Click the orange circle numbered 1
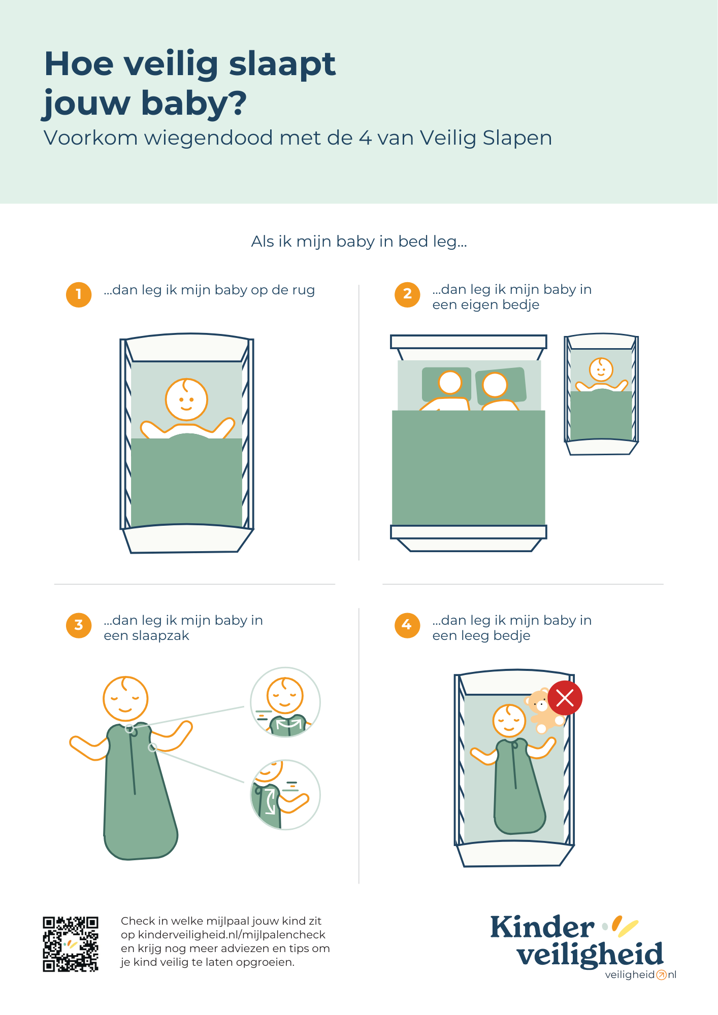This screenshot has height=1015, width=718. point(79,294)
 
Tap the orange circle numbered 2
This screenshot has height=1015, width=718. point(407,294)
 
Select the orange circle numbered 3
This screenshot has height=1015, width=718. point(79,625)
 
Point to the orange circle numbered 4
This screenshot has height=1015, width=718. point(407,625)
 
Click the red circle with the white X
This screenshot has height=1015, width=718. point(565,698)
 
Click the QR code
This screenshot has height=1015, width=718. point(71,944)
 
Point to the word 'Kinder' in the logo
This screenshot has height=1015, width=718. point(542,928)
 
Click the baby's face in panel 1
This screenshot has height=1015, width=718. point(186,399)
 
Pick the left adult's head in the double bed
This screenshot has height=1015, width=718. point(450,382)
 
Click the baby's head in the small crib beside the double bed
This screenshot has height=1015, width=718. point(601,369)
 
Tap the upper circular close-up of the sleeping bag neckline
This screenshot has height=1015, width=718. point(285,702)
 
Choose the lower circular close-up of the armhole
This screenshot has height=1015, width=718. point(285,795)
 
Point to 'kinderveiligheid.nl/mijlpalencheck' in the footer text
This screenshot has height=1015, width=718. point(232,935)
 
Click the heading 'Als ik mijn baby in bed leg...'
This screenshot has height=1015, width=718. point(359,242)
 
